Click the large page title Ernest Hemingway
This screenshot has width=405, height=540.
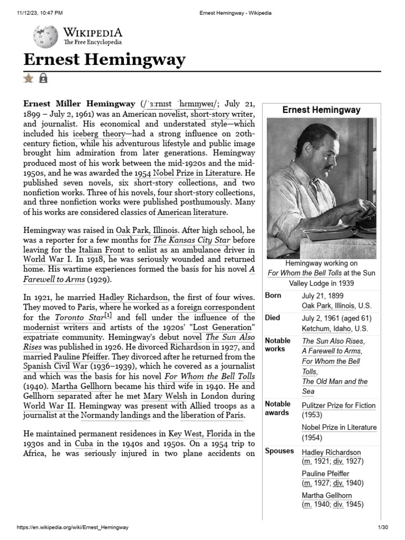click(x=104, y=60)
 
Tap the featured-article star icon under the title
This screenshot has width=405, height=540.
click(x=28, y=79)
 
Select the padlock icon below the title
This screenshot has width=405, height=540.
click(x=43, y=79)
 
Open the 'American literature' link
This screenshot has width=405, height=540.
click(x=192, y=213)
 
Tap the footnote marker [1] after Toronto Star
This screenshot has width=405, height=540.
click(x=108, y=316)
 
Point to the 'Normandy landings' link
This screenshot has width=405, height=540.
click(x=118, y=416)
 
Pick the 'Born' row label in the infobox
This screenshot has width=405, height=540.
click(x=273, y=296)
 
